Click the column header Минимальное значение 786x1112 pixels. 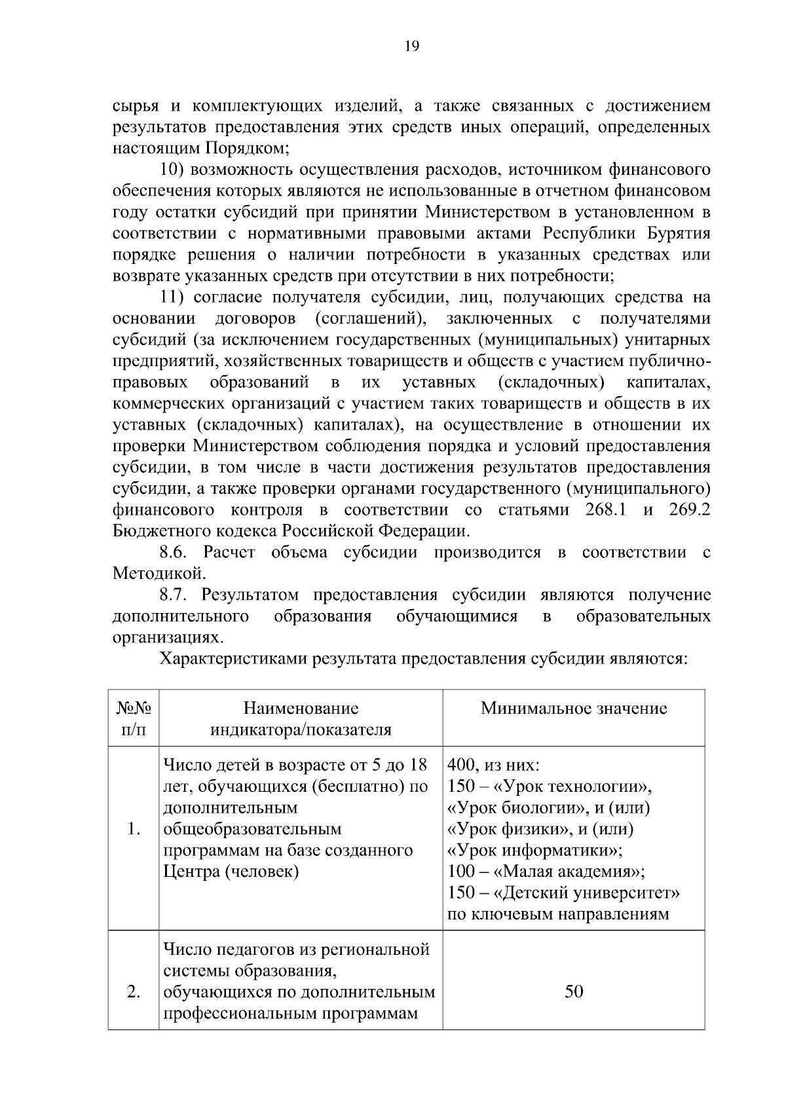coord(574,708)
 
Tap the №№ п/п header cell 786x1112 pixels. coord(134,718)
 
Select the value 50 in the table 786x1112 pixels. coord(574,992)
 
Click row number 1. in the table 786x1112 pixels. coord(134,830)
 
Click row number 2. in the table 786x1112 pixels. coord(134,992)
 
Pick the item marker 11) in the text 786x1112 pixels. coord(175,297)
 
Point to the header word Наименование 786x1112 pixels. coord(301,708)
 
